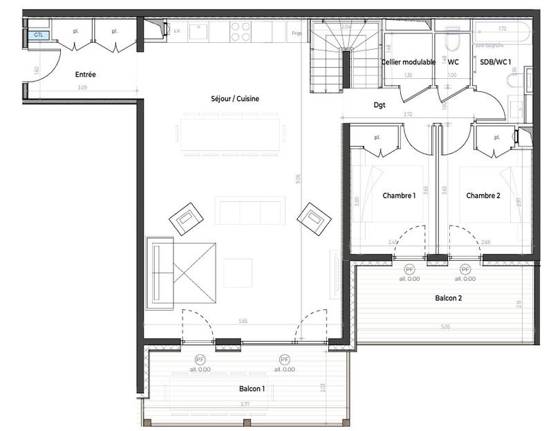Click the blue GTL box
(38, 35)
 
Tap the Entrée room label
(86, 74)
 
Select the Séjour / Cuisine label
(235, 99)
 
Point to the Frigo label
(297, 33)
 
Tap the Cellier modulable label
(409, 62)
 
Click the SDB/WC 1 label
(495, 62)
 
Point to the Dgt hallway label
(379, 106)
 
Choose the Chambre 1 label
(399, 196)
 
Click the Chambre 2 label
(482, 196)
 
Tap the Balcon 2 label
(449, 298)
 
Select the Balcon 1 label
(252, 389)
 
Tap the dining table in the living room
(231, 134)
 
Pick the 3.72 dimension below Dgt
(413, 115)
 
